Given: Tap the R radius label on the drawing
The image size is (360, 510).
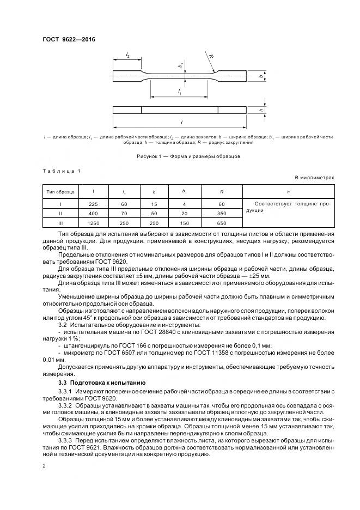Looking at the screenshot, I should point(211,56).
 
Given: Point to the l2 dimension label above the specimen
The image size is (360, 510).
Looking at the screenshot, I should point(127,54).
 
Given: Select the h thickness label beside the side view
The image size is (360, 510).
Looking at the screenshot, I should point(261,110).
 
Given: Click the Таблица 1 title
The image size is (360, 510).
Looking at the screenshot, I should point(61,171).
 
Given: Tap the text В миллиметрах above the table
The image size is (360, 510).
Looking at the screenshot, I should point(314,178).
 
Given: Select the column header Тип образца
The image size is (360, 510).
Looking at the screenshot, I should point(60,191).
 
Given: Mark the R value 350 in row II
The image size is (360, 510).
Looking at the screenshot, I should point(222,214).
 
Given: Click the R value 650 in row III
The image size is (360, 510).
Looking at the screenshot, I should point(222,223).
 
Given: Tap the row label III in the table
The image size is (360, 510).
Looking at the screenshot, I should point(60,223).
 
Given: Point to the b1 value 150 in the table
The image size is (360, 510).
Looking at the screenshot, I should point(184,223).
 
